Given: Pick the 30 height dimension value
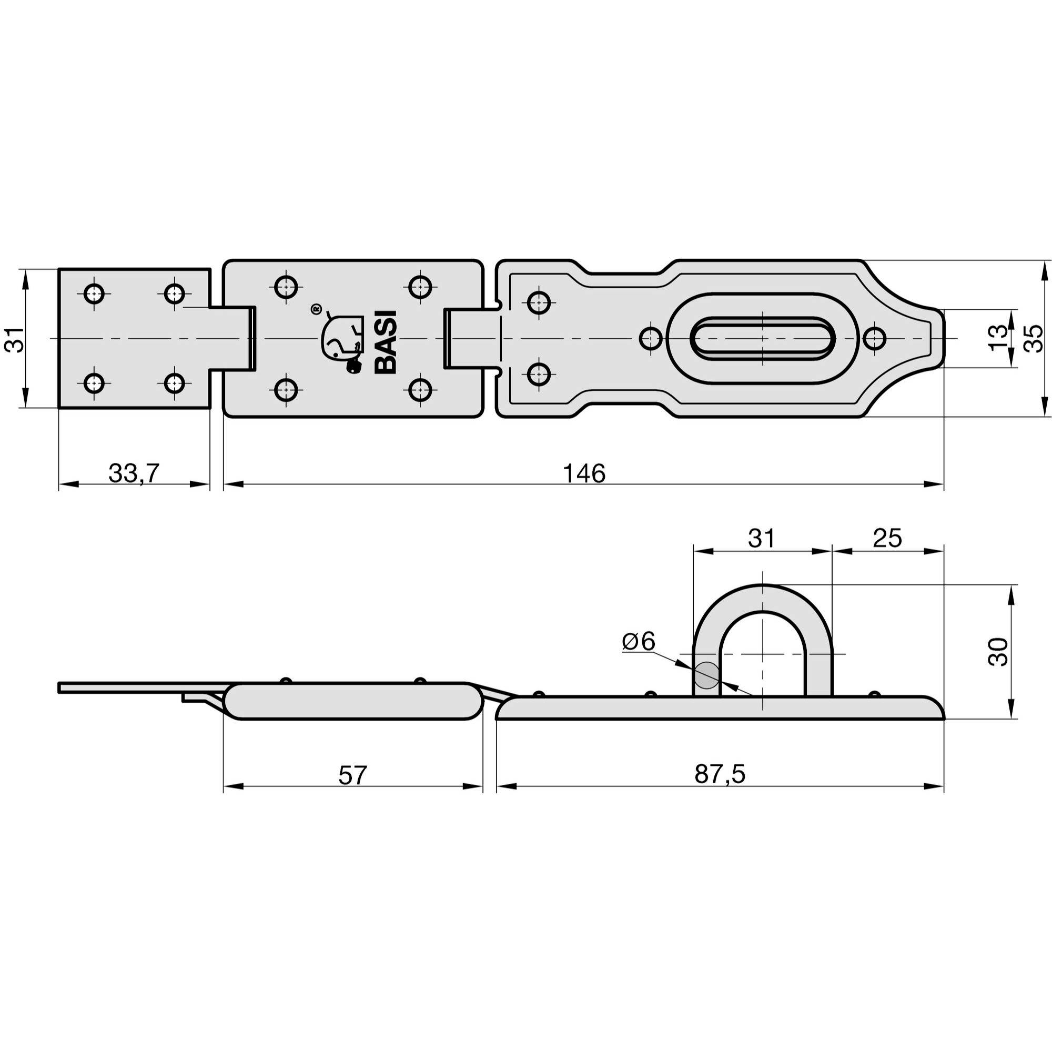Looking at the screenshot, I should pos(999,651).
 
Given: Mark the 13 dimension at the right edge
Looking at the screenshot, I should pos(998,338).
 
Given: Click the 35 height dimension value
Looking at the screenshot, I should pos(1033,338).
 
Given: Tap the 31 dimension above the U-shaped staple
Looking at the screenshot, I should pos(761,538).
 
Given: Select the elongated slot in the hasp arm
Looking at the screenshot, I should pos(762,339).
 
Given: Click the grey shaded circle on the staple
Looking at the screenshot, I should pos(707,675).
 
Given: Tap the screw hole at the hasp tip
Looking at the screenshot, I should pos(875,339).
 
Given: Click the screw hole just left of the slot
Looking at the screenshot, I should pos(651,339).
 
